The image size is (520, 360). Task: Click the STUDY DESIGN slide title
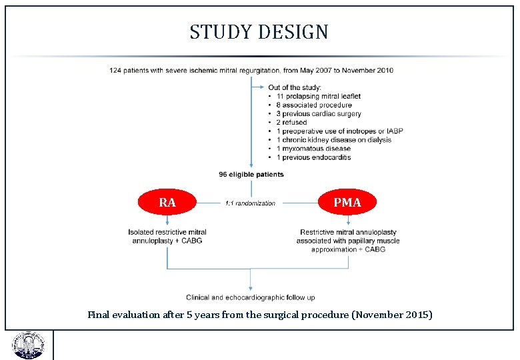pos(259,32)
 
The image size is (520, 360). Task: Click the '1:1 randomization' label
pos(250,203)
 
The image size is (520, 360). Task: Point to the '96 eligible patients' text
pos(251,175)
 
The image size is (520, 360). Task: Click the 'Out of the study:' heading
pos(295,87)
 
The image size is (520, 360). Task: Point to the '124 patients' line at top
pos(251,70)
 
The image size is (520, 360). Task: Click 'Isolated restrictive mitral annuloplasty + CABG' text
pos(167,236)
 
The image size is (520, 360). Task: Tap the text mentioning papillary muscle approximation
pos(348,241)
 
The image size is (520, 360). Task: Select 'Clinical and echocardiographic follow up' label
pos(251,297)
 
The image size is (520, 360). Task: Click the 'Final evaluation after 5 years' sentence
pos(260,314)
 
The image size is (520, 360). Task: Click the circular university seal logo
pos(27,345)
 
